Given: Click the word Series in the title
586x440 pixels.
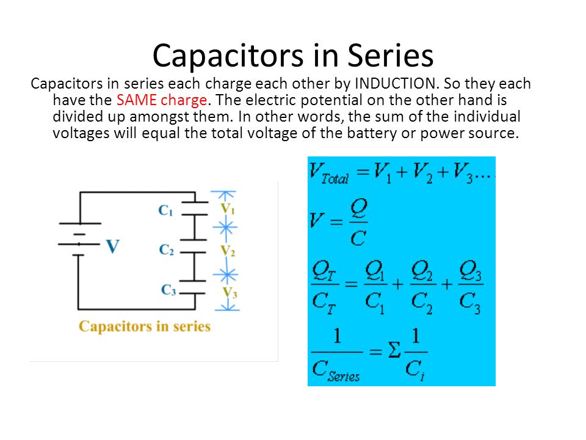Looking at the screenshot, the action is tap(391, 56).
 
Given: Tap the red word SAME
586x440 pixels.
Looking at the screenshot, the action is tap(136, 100).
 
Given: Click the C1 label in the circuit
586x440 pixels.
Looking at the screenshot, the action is tap(165, 210).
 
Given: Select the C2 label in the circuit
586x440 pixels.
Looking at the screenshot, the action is tap(166, 249).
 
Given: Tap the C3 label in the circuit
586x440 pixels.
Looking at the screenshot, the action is tap(168, 290).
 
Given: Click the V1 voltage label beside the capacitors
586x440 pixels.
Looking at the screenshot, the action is tap(227, 208).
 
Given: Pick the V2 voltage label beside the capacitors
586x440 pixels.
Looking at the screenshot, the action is tap(228, 251).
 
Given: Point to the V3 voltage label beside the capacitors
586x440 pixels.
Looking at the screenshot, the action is tap(230, 292).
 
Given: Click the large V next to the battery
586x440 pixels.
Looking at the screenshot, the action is tap(112, 246).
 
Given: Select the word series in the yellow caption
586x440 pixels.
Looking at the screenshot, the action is tap(192, 326).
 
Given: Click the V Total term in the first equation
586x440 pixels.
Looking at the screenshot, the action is tap(329, 174).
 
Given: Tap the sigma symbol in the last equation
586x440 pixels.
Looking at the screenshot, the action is tap(394, 351).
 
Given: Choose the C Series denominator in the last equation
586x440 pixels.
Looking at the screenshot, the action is tap(336, 371).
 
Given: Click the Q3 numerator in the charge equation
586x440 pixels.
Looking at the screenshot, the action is tap(470, 271).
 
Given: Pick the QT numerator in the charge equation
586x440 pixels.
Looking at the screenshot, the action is tap(324, 271).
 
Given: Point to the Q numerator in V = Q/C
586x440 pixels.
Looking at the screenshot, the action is tap(358, 208).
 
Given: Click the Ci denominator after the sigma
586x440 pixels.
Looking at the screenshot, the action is tap(415, 370).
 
